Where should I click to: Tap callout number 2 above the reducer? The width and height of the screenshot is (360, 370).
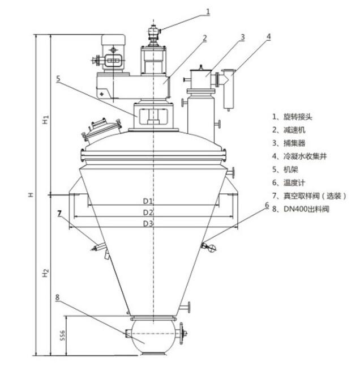[205, 38]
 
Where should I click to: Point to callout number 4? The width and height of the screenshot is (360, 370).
[269, 37]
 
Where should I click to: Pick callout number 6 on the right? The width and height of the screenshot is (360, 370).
[267, 206]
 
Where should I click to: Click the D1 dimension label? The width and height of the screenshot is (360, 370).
[148, 201]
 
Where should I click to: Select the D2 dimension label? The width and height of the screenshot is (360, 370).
[148, 212]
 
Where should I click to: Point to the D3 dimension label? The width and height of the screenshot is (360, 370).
[148, 224]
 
